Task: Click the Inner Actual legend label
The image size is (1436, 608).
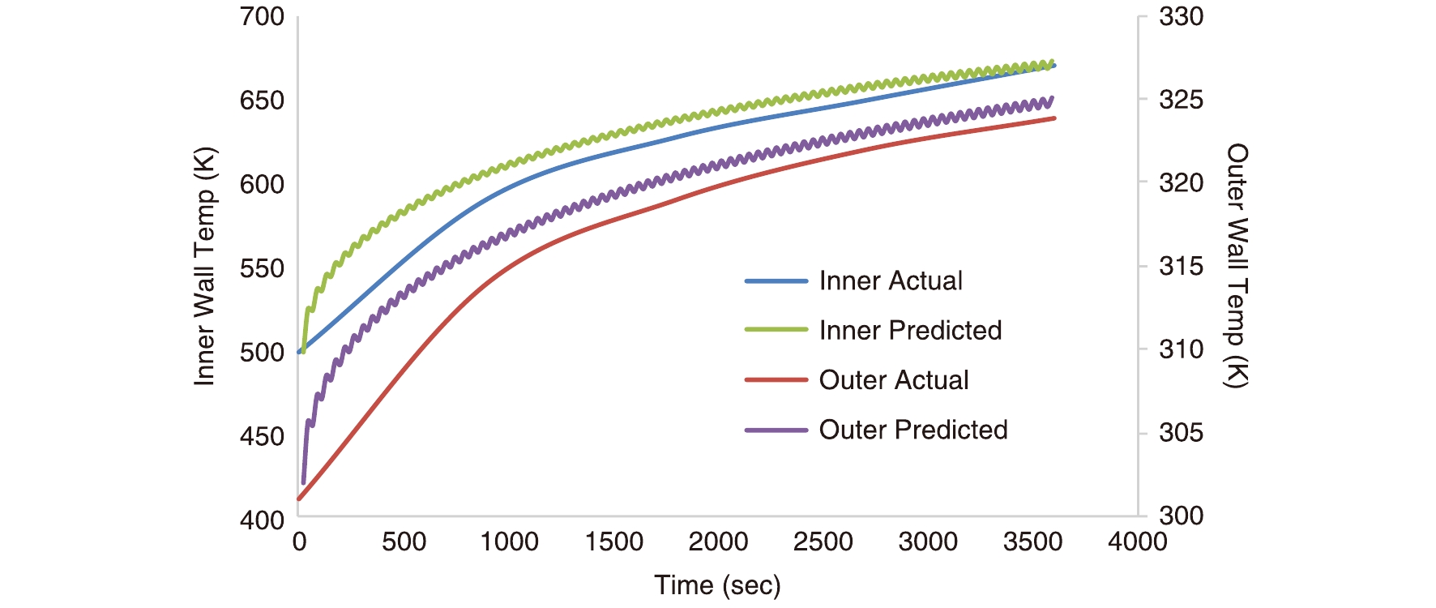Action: click(x=890, y=281)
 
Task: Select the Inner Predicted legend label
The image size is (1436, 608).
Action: click(x=910, y=331)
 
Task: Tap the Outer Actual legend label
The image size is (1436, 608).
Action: click(x=893, y=380)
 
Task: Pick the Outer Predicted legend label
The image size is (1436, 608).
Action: click(x=912, y=430)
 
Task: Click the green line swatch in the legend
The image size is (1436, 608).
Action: click(x=776, y=330)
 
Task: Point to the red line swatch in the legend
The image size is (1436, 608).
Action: click(x=776, y=379)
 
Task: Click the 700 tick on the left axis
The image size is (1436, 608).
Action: click(x=262, y=17)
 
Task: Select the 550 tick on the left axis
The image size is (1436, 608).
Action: click(x=262, y=268)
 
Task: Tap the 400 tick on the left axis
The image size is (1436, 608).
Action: click(x=262, y=520)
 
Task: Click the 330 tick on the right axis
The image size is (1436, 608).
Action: click(x=1181, y=17)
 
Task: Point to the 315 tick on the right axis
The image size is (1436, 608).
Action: click(x=1181, y=266)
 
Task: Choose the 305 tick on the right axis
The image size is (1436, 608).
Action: click(x=1181, y=433)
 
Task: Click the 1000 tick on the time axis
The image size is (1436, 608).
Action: click(x=509, y=542)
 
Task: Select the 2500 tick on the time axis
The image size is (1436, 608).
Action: click(x=823, y=542)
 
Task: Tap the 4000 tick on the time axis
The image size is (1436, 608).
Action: click(x=1137, y=542)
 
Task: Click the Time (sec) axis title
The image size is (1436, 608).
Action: click(x=717, y=585)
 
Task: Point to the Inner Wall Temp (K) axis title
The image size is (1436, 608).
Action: click(x=204, y=267)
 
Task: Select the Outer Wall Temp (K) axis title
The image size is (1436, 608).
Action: click(x=1237, y=266)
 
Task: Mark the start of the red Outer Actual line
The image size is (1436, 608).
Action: click(x=299, y=499)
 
